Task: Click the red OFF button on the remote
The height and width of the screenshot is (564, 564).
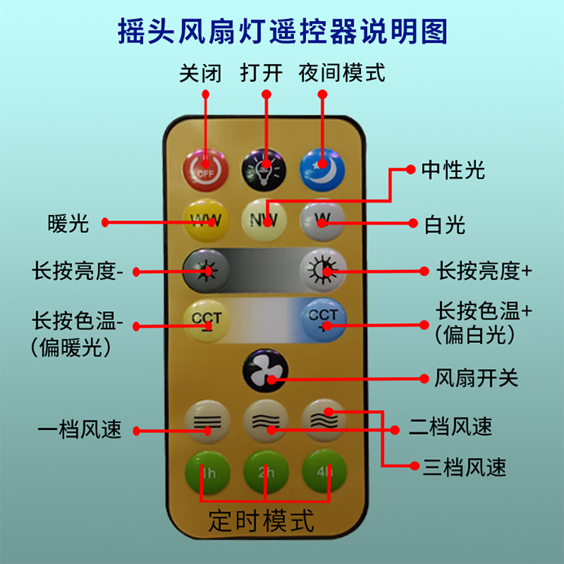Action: pos(205,170)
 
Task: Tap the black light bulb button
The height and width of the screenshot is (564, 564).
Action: pos(264,170)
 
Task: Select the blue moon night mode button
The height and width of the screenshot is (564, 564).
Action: pos(322,170)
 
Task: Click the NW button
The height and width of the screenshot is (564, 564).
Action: pos(264,220)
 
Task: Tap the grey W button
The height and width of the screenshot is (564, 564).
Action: pos(322,220)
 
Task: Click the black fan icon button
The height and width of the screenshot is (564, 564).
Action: pos(265,372)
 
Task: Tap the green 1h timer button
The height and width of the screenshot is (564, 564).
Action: pos(206,472)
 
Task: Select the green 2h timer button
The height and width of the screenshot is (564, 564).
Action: pos(265,472)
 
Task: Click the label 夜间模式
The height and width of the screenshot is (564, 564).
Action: pos(341,73)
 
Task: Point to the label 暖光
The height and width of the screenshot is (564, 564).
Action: pos(68,223)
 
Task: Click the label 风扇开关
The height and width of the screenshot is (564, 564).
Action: pos(477,378)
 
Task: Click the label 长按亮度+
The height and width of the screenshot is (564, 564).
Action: pos(484,270)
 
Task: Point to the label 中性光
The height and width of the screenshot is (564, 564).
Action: pos(453,170)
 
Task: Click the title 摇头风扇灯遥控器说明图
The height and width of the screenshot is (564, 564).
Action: pos(282,32)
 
